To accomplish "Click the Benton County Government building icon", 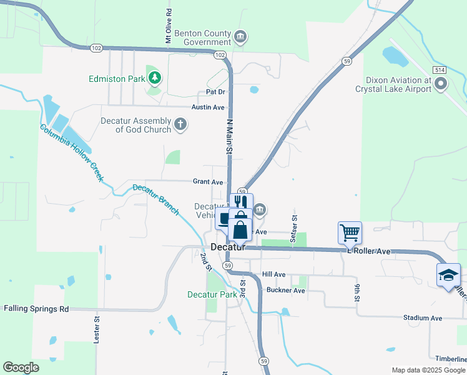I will [x=240, y=37].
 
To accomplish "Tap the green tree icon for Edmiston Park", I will [x=154, y=78].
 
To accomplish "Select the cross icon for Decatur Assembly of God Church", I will [x=180, y=124].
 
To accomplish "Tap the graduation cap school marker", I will [x=448, y=275].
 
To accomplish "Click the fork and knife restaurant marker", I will [x=240, y=202].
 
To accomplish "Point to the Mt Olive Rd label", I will [x=169, y=26].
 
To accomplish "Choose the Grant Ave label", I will [x=208, y=182].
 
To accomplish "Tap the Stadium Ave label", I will [x=423, y=318].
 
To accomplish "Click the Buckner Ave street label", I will [x=285, y=291].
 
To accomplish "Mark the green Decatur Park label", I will [x=212, y=294].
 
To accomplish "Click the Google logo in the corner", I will [x=21, y=367].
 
